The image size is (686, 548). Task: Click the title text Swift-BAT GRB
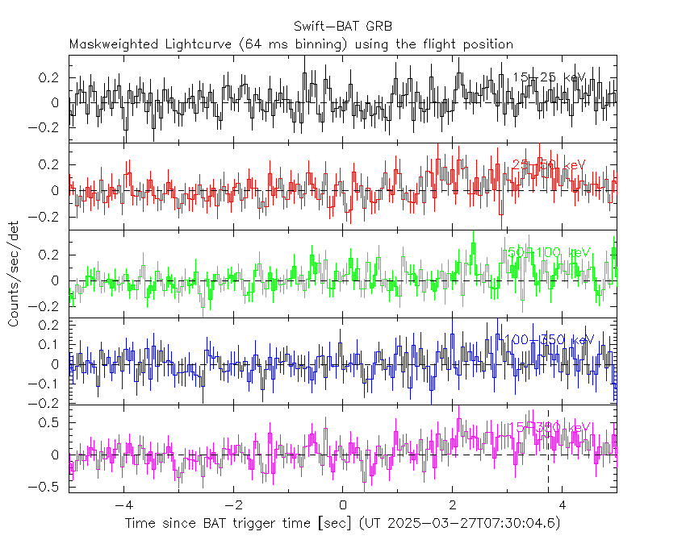343,27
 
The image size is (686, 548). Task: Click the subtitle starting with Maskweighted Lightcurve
291,44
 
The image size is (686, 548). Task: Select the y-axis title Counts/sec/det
14,274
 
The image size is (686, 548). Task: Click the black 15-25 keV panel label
549,77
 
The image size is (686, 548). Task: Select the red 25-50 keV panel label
549,165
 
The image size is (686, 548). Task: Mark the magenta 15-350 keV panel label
549,427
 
